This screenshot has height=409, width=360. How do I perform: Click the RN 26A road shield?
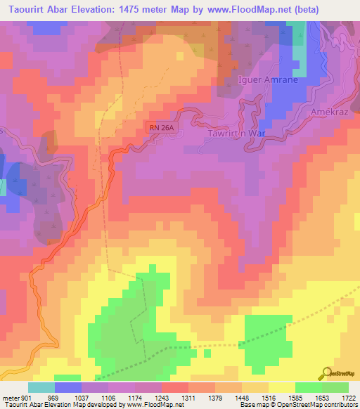pyautogui.click(x=160, y=127)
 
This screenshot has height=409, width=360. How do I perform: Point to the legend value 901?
pyautogui.click(x=26, y=397)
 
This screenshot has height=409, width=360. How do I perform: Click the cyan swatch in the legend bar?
pyautogui.click(x=41, y=387)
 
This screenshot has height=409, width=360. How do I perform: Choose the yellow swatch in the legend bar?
pyautogui.click(x=281, y=387)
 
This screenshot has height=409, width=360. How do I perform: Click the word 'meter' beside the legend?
pyautogui.click(x=11, y=397)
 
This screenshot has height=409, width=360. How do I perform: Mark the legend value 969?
pyautogui.click(x=53, y=397)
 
